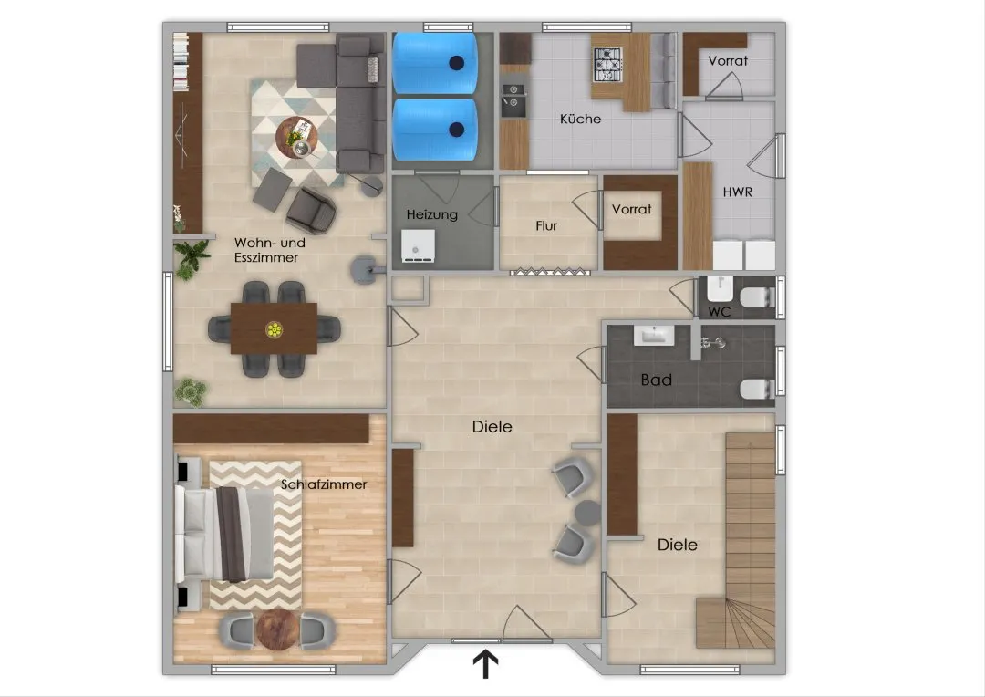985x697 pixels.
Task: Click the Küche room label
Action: point(580,119)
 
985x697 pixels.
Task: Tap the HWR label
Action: point(738,192)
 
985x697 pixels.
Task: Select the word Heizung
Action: point(431,215)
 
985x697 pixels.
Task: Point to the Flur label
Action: point(546,225)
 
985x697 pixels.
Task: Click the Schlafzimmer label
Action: point(324,484)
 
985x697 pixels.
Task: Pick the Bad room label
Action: point(657,380)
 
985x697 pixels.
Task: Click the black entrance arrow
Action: point(485,664)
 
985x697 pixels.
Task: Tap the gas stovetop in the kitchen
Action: point(607,66)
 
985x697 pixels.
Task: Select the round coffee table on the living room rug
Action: point(296,138)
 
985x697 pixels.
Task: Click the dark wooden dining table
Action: point(274,328)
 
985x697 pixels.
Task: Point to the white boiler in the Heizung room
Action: point(418,245)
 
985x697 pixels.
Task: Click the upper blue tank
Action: point(435,63)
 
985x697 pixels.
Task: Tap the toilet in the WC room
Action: point(758,296)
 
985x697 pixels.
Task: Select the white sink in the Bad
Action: point(654,336)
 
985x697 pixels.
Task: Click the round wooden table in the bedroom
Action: point(278,629)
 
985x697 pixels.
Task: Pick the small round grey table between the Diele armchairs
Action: point(588,512)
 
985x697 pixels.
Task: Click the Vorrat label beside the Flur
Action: point(631,209)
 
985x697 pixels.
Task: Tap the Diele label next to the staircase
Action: point(677,545)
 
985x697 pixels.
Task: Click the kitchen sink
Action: point(513,96)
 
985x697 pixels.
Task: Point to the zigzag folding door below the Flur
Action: point(550,272)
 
